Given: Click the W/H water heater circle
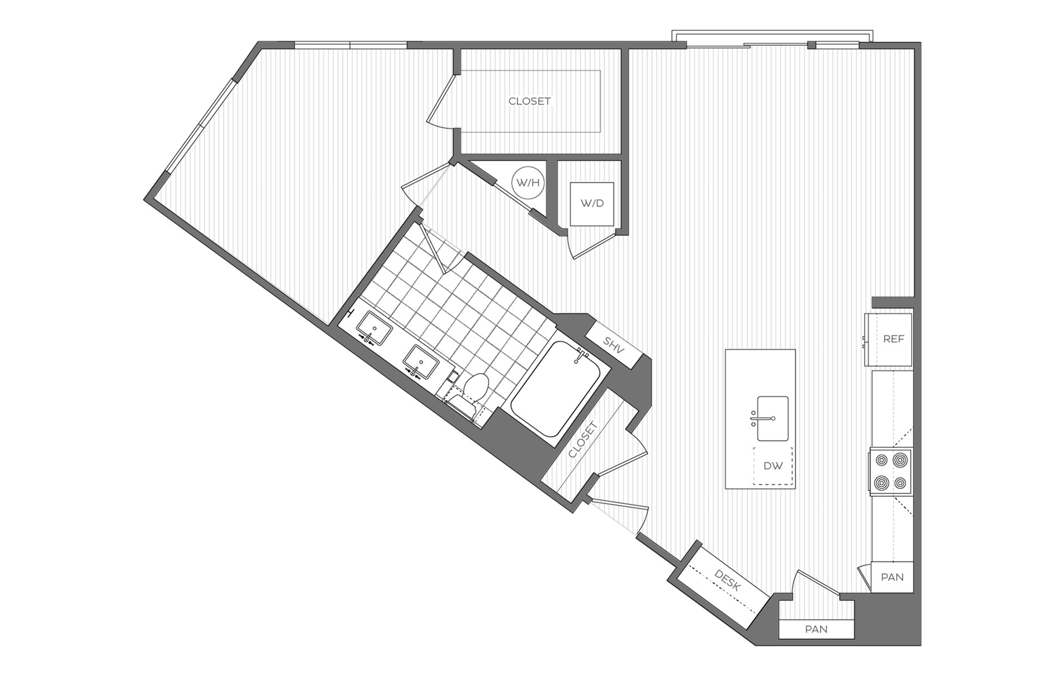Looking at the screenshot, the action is [528, 182].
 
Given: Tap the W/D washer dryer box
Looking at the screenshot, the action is [592, 203].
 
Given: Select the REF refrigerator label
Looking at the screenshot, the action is [893, 339].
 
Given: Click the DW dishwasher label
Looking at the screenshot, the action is [773, 466].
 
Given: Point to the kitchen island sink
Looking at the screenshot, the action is [773, 418].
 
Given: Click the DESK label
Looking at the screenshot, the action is [728, 580].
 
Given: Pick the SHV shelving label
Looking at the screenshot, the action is [614, 345].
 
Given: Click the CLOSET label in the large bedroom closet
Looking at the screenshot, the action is [529, 101].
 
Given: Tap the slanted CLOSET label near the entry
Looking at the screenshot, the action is [583, 439].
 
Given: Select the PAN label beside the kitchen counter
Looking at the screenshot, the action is [892, 577].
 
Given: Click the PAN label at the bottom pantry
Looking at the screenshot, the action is [816, 629].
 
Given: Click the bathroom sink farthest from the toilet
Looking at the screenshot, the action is [374, 328].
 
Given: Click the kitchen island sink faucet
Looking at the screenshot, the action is [754, 418].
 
